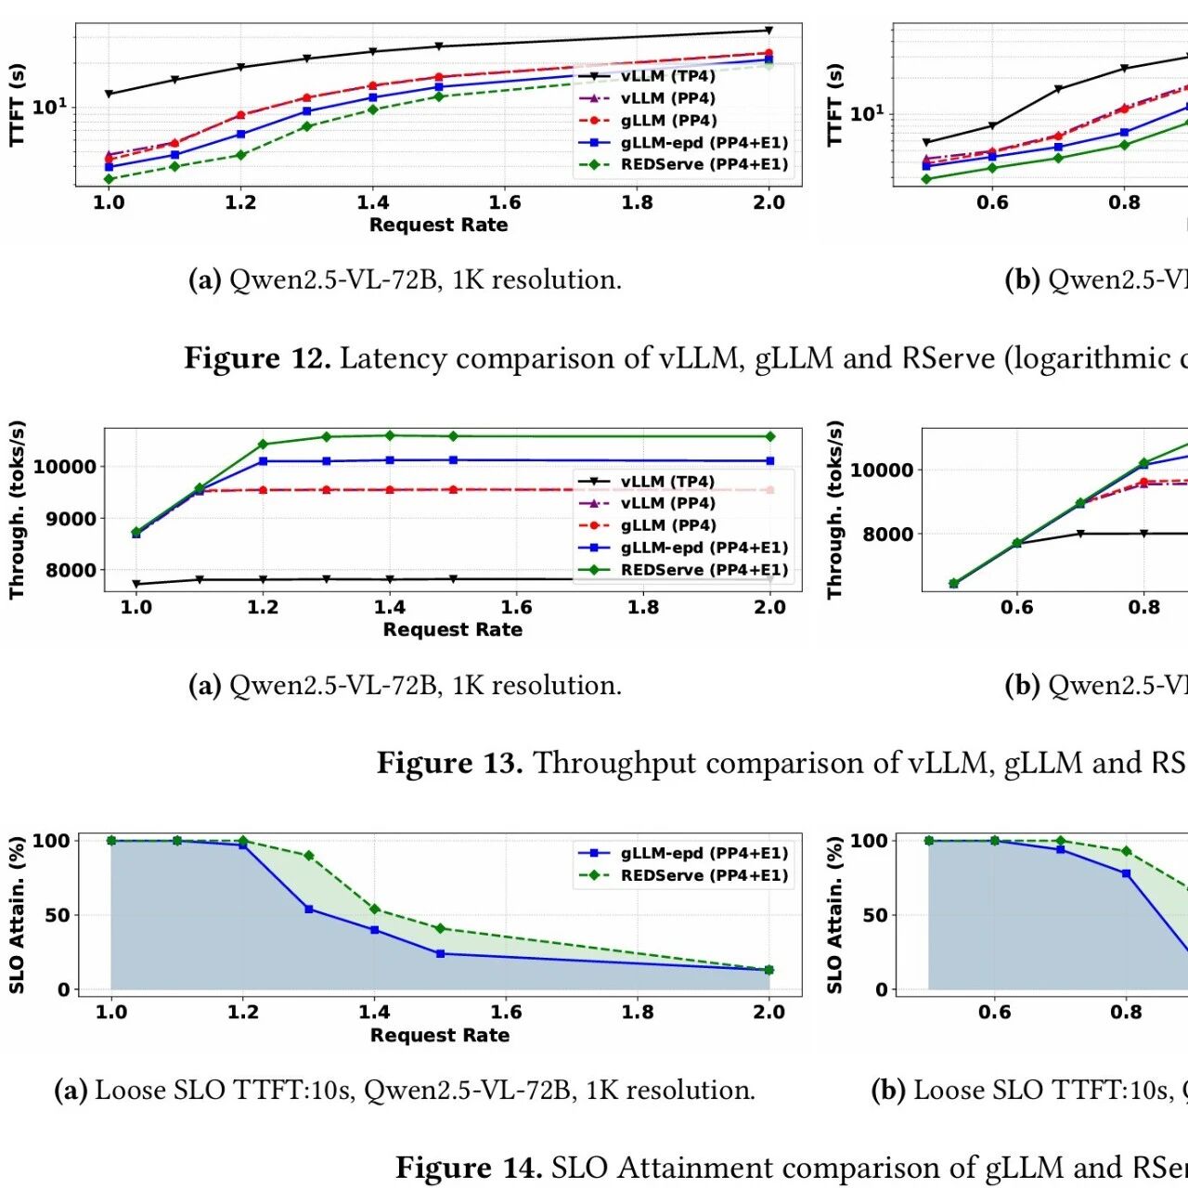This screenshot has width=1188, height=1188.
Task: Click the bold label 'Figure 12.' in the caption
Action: click(x=257, y=358)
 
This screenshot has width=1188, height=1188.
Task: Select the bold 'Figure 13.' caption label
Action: click(x=449, y=763)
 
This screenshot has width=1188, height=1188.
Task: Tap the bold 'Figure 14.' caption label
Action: click(x=469, y=1168)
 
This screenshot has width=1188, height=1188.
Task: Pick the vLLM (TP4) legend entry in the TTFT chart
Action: click(x=667, y=76)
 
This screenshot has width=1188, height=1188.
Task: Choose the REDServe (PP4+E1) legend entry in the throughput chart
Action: click(x=704, y=570)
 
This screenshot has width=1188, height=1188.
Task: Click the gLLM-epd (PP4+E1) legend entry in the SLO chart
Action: click(x=704, y=853)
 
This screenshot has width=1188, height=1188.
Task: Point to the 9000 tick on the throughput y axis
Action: click(x=71, y=519)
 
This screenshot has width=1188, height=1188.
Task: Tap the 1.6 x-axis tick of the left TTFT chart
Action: click(x=505, y=202)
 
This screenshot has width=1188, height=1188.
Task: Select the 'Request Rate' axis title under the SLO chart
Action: click(x=440, y=1035)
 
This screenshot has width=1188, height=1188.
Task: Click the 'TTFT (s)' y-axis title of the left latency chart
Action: click(x=17, y=105)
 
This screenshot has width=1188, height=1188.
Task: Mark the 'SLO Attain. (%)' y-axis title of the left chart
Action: click(x=17, y=915)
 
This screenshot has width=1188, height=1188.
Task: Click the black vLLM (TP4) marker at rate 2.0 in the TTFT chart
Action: click(x=768, y=31)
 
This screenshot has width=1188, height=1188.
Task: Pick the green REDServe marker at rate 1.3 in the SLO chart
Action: click(x=309, y=856)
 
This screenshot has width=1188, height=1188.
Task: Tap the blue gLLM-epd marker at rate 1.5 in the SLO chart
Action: click(x=440, y=953)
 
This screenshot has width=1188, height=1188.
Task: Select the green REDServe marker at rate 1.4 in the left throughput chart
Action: click(x=390, y=435)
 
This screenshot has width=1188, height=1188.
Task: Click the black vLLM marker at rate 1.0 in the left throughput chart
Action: click(x=136, y=584)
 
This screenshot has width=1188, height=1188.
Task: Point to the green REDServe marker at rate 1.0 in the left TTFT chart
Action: click(x=109, y=179)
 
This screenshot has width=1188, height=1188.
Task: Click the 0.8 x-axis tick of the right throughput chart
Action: click(x=1143, y=607)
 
